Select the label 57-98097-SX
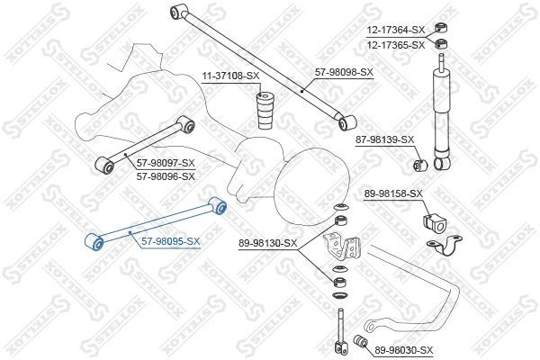click(166, 163)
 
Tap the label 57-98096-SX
click(166, 176)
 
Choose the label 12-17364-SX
click(395, 31)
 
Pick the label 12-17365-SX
click(395, 44)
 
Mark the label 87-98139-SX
click(384, 139)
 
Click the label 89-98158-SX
click(393, 193)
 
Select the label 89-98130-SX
click(269, 243)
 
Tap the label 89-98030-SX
click(404, 350)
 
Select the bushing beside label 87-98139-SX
click(418, 166)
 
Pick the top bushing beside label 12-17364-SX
click(441, 26)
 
